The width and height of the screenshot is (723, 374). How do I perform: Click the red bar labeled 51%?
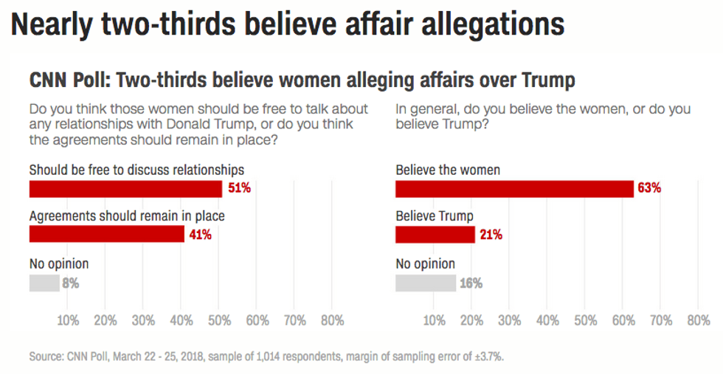click(125, 189)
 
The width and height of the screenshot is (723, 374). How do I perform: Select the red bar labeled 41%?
click(106, 235)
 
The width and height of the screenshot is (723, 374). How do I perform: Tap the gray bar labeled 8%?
click(44, 283)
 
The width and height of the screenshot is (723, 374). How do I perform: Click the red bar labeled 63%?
click(514, 189)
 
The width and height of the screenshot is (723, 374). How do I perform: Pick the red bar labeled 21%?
click(435, 235)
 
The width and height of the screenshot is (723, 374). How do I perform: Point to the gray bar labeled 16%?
click(426, 283)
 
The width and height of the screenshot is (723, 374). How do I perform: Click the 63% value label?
click(648, 188)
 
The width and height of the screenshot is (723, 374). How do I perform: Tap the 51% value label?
click(238, 188)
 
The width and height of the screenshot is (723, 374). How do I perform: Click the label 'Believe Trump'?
click(435, 216)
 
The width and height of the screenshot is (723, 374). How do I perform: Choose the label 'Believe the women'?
click(448, 170)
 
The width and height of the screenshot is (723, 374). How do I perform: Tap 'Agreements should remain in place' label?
click(126, 216)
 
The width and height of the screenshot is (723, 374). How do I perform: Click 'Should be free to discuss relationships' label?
click(136, 170)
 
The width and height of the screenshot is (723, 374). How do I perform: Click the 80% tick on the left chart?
click(333, 322)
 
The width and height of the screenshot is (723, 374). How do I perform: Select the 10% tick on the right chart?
click(435, 322)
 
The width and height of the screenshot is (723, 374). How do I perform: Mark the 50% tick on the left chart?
click(219, 322)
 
